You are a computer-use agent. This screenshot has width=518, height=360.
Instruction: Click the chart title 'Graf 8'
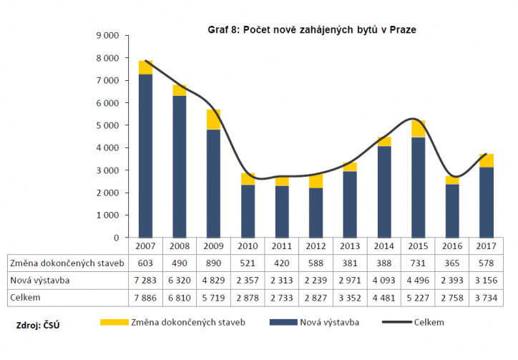click(x=311, y=30)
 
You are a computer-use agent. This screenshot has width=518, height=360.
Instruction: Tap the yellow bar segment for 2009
click(x=214, y=120)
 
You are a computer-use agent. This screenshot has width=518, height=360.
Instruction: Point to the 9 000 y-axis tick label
click(x=106, y=35)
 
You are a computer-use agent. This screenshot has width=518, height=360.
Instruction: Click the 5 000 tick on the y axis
click(x=106, y=125)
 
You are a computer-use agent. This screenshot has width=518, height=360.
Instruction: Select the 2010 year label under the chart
click(x=248, y=245)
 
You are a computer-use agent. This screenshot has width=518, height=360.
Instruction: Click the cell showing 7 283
click(x=145, y=280)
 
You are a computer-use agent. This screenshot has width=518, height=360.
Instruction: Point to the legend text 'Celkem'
click(x=429, y=323)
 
